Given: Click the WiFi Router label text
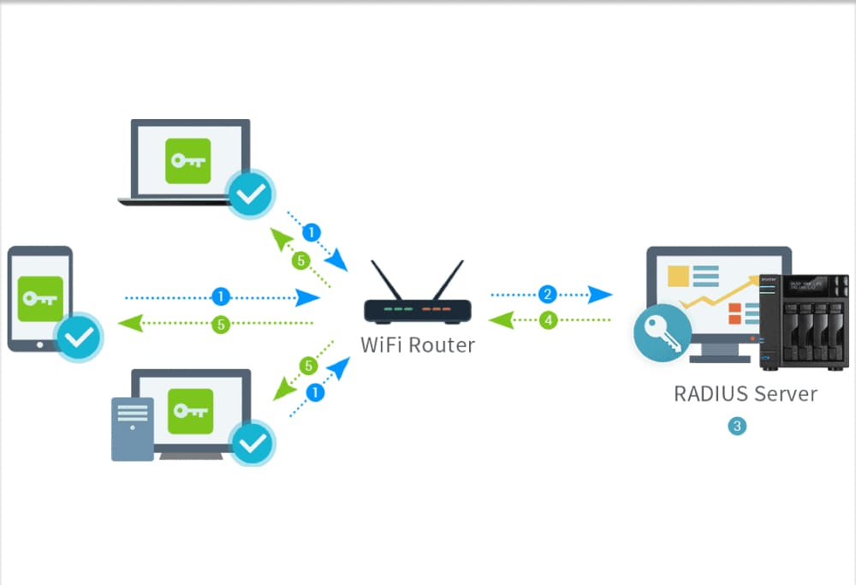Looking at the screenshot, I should (417, 345).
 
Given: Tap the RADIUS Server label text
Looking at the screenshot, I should (745, 394).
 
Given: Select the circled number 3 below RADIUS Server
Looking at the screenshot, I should (736, 426).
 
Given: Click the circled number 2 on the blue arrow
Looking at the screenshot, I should (549, 295).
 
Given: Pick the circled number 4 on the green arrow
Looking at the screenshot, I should (549, 320).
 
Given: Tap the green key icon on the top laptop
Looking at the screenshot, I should (187, 160).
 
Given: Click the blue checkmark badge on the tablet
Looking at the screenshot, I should (80, 337).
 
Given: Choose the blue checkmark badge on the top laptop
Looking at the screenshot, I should (251, 194).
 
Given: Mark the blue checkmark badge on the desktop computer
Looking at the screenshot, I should (253, 442).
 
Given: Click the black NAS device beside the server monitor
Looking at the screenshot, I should (804, 320).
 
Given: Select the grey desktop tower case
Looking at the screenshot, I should (132, 428).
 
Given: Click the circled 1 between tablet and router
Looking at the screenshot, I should (221, 297).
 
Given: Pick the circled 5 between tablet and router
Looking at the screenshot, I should (221, 325).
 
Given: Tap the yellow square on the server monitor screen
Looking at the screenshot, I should (679, 276).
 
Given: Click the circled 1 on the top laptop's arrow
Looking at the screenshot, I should (312, 232).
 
